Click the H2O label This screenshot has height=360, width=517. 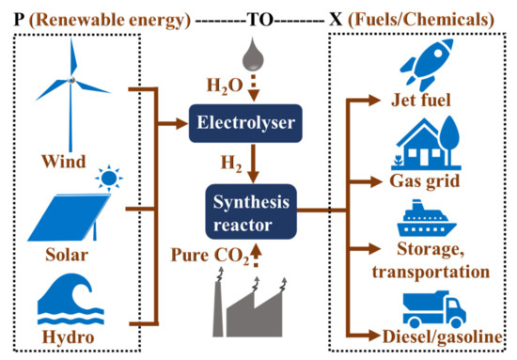coord(224,86)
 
